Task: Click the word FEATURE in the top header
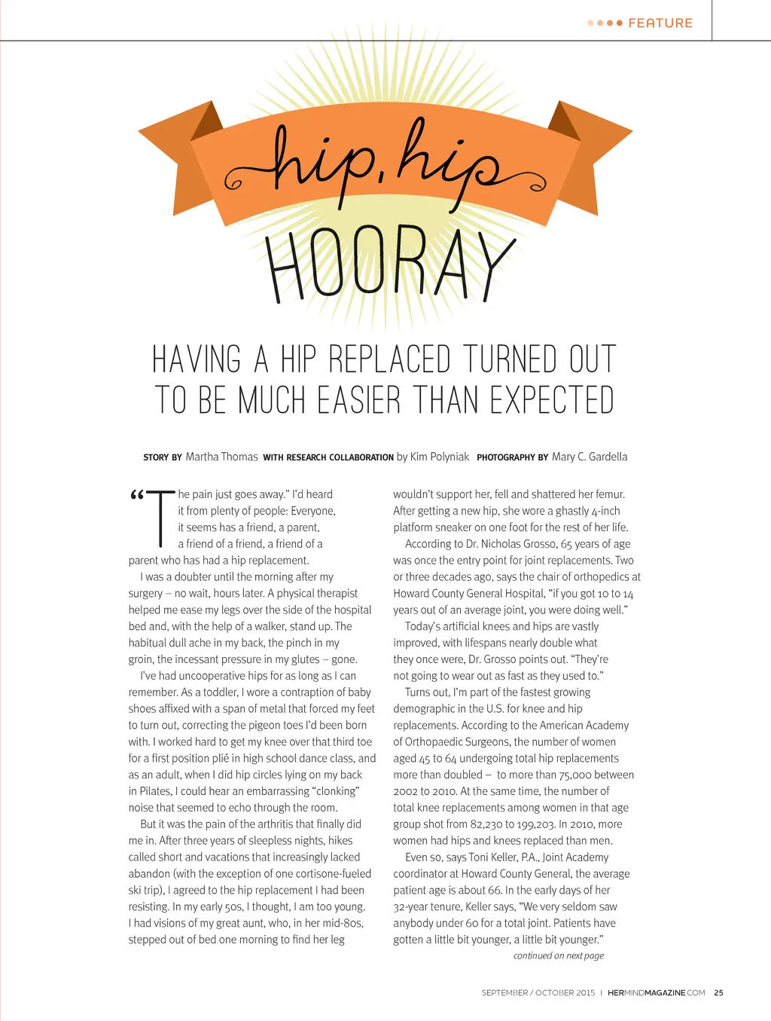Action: point(660,23)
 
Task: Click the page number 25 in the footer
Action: point(718,993)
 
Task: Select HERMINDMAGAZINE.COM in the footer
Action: point(656,993)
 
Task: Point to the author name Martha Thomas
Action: point(221,457)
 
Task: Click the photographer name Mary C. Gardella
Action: point(589,457)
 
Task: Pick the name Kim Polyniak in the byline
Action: point(440,457)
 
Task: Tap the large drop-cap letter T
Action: point(160,518)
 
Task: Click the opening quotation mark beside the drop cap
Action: point(136,496)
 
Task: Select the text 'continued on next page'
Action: point(558,955)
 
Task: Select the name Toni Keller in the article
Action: point(495,857)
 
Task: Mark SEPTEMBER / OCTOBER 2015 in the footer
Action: point(538,993)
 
